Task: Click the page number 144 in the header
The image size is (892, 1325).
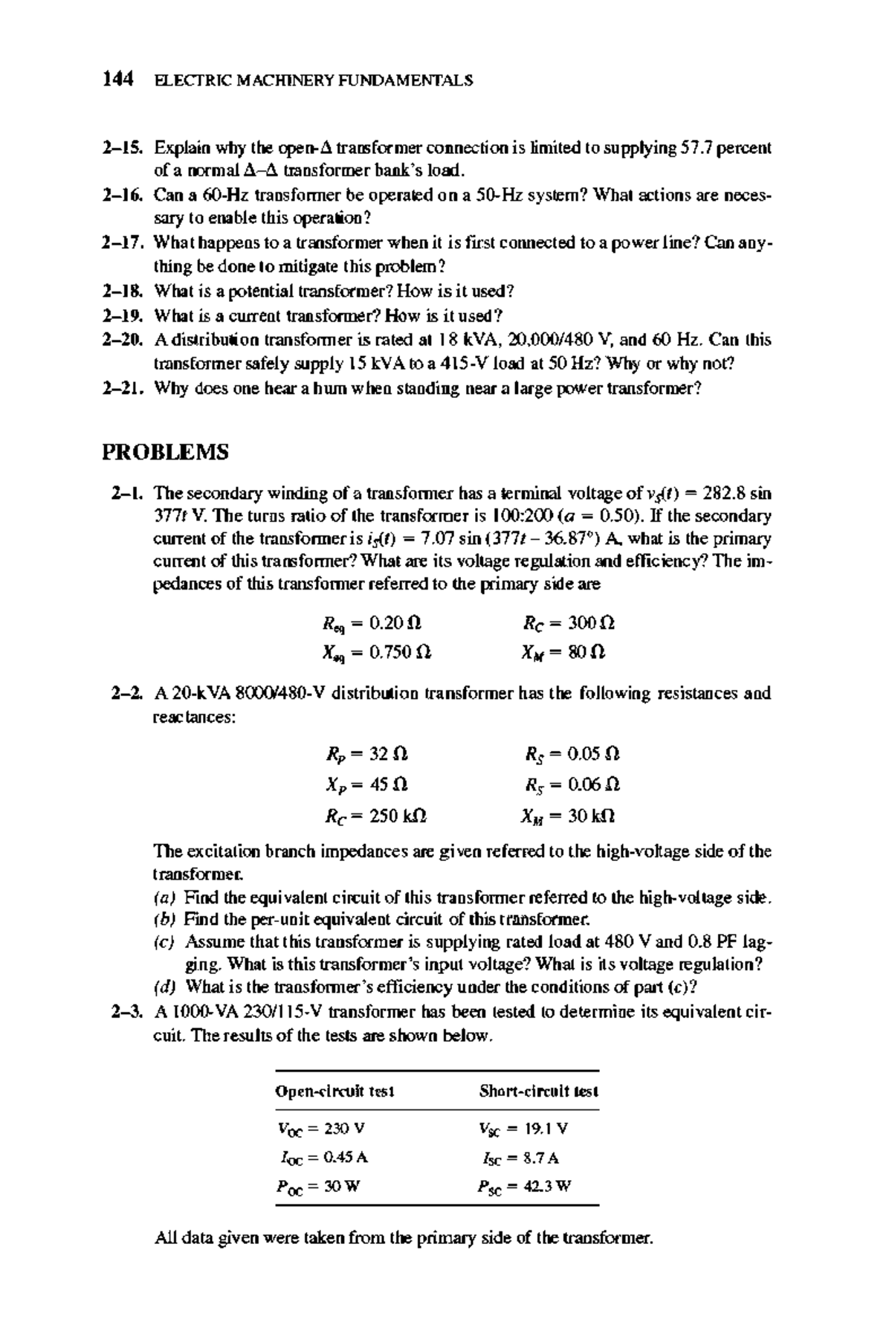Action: pos(117,79)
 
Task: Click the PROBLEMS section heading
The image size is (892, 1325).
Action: pos(165,452)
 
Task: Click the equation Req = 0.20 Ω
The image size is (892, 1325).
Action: pos(372,622)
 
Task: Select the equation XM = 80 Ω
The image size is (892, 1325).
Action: pos(564,653)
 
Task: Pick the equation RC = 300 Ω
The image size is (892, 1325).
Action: pos(569,622)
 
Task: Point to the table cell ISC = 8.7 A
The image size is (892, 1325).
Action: pos(520,1158)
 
